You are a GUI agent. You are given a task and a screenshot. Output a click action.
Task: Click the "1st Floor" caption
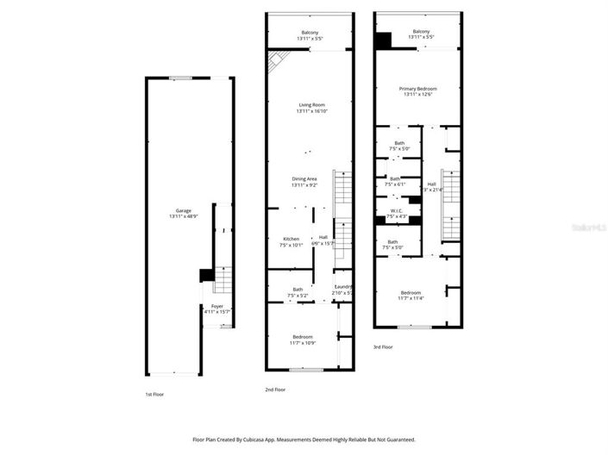155,394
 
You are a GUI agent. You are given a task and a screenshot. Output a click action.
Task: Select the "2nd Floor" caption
275,389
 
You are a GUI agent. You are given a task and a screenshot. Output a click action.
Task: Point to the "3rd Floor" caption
383,347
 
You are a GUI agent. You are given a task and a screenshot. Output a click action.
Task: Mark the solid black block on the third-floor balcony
384,40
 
